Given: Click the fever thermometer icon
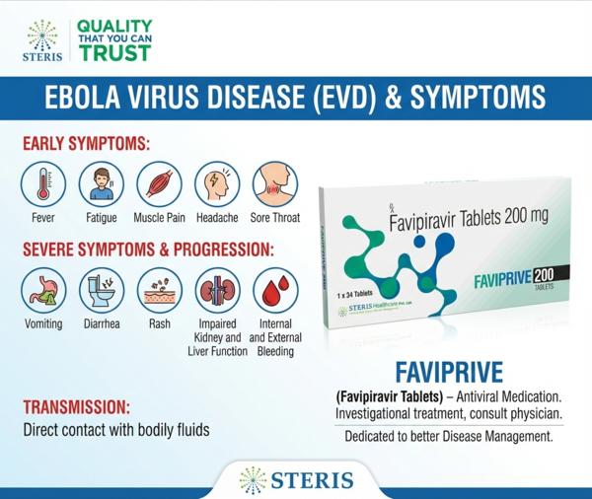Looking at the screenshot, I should pyautogui.click(x=43, y=184).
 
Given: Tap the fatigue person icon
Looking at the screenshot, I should pyautogui.click(x=101, y=184).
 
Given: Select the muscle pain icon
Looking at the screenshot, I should pyautogui.click(x=159, y=184).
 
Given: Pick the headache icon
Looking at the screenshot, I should pyautogui.click(x=217, y=184).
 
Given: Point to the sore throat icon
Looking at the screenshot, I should pyautogui.click(x=274, y=184).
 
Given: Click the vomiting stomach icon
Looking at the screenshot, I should pyautogui.click(x=43, y=291).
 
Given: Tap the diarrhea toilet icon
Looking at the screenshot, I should pyautogui.click(x=101, y=291).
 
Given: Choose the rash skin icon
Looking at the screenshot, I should pyautogui.click(x=159, y=291).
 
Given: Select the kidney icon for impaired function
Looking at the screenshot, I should pyautogui.click(x=217, y=291).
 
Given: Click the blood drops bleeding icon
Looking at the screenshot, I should pyautogui.click(x=274, y=291).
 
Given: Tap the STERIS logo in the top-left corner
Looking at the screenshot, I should pyautogui.click(x=40, y=40).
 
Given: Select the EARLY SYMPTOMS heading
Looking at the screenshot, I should pyautogui.click(x=86, y=144).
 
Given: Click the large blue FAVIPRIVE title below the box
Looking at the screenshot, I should pyautogui.click(x=449, y=373).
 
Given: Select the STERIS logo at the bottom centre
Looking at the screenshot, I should pyautogui.click(x=296, y=480).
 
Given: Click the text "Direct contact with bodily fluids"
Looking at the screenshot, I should pyautogui.click(x=116, y=430).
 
